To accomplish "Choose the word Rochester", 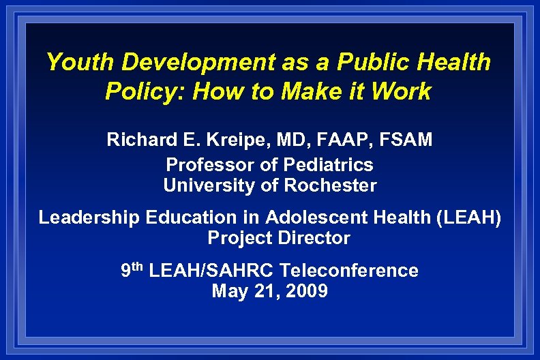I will [330, 185].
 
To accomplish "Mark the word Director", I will [314, 239].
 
